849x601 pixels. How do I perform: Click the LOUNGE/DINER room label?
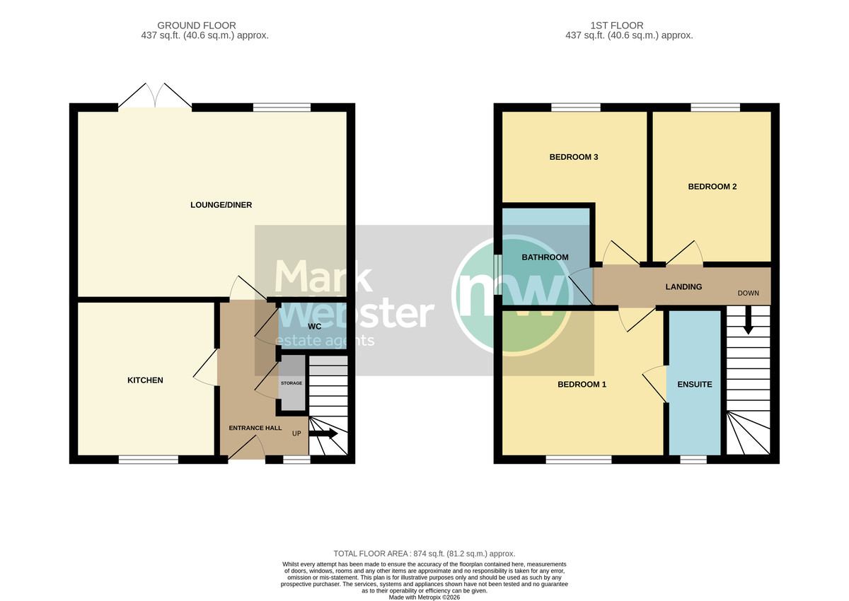221,205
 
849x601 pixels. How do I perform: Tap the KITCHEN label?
145,380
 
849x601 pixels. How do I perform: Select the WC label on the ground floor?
315,327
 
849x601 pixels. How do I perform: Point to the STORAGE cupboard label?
291,383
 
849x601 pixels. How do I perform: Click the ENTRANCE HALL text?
255,428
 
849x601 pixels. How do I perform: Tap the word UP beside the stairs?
296,433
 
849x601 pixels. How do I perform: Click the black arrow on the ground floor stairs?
323,433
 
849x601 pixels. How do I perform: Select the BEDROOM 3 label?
574,157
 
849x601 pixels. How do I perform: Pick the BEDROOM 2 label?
712,187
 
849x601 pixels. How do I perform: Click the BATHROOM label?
545,257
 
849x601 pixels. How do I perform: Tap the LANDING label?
683,286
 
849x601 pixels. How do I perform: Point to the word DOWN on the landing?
749,293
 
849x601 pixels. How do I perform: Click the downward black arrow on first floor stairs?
749,320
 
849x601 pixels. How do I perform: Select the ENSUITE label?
695,385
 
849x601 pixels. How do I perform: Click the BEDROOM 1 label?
582,385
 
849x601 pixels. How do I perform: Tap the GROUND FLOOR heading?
197,25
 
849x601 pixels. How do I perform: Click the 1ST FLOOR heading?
617,25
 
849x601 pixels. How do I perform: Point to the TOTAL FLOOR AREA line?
424,554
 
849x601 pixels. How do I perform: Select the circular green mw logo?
512,295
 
